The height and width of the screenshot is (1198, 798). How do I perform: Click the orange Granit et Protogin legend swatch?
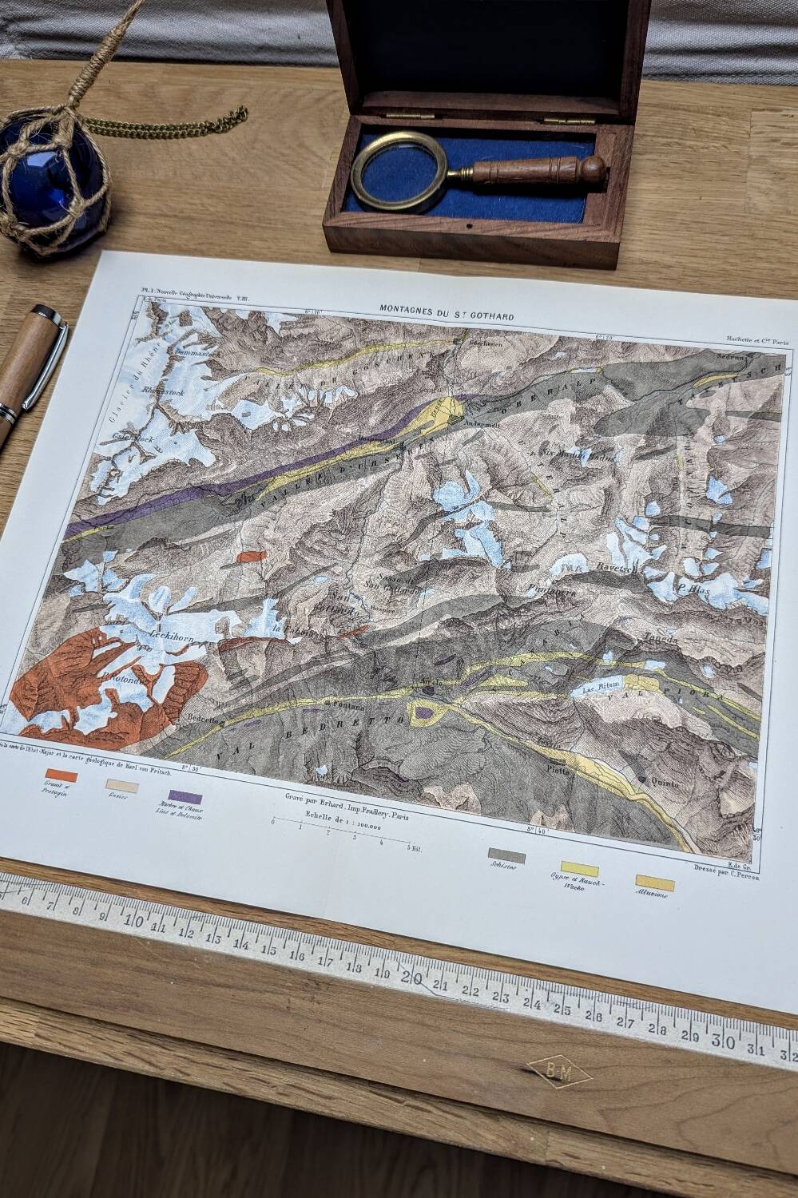click(x=62, y=774)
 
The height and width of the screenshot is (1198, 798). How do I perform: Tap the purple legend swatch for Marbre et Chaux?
click(x=185, y=796)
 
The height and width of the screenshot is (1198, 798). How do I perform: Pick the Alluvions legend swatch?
click(x=655, y=882)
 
